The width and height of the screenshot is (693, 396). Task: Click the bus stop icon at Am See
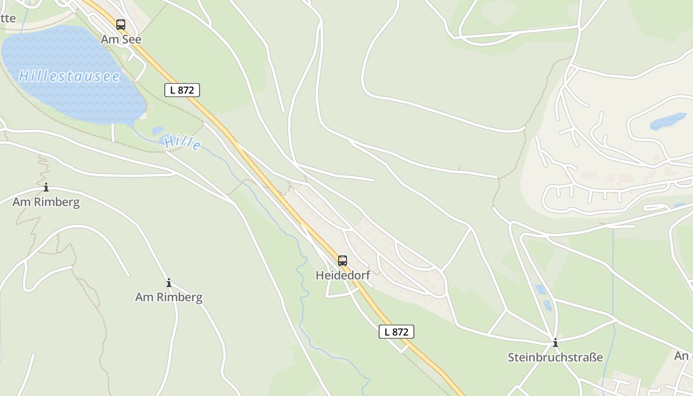(121, 24)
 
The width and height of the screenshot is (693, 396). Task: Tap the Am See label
(121, 39)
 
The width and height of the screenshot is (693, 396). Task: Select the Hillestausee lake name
(69, 76)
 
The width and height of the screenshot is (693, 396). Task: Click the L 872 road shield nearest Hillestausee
(182, 90)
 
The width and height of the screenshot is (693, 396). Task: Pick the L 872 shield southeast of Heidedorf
(396, 332)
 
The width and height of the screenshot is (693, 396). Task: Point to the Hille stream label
(183, 143)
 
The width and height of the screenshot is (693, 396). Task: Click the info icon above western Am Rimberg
(46, 188)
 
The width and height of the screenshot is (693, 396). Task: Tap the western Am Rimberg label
(46, 202)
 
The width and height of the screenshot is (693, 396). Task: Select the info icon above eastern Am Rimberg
(169, 283)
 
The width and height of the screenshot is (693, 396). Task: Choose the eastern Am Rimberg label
(169, 297)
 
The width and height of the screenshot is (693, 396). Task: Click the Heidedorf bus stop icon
(343, 261)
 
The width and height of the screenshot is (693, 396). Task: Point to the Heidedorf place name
(343, 275)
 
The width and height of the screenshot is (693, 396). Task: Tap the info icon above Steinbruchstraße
(555, 343)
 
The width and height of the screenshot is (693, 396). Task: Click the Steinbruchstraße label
(555, 357)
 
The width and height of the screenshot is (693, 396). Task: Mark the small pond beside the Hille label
(157, 131)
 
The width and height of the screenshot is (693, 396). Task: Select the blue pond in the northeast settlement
(668, 121)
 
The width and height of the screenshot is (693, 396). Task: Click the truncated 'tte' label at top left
(8, 18)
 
